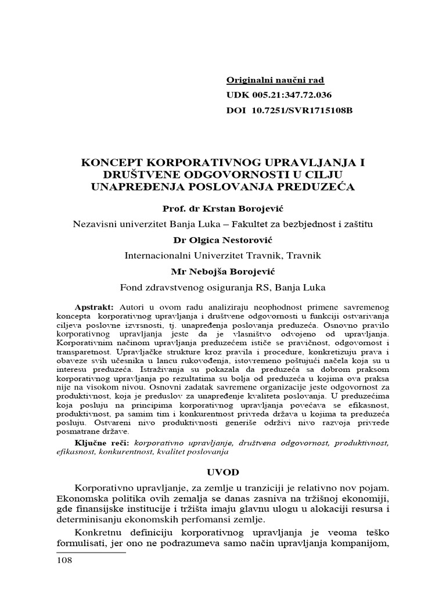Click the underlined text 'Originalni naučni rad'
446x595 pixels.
click(x=274, y=81)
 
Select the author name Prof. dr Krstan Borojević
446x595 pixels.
click(x=223, y=208)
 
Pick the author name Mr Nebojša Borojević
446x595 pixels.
click(x=223, y=271)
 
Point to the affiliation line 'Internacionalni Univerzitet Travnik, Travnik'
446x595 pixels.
click(x=223, y=255)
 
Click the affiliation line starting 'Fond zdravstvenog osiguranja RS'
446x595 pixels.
click(x=223, y=286)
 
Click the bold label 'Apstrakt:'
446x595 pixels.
click(x=95, y=306)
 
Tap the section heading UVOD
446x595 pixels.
click(x=223, y=471)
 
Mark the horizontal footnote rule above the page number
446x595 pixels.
click(x=91, y=553)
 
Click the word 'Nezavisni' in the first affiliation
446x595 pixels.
click(x=91, y=224)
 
